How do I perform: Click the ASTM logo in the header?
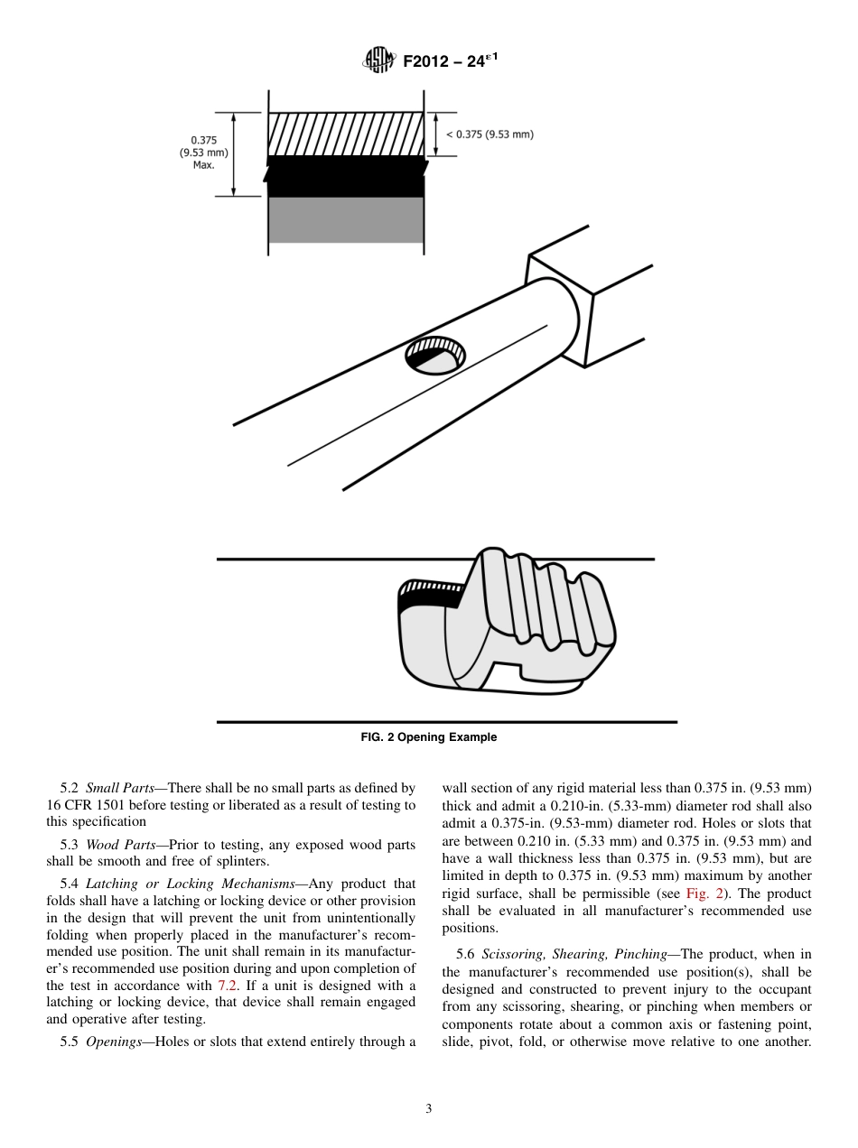tap(378, 61)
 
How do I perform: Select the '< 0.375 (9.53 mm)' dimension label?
tap(489, 134)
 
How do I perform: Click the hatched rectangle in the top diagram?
tap(346, 134)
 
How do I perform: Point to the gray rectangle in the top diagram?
tap(346, 219)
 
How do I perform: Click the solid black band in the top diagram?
tap(346, 177)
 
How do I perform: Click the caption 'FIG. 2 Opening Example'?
tap(429, 737)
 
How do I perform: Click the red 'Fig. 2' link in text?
tap(701, 893)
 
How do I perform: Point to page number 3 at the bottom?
tap(428, 1108)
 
